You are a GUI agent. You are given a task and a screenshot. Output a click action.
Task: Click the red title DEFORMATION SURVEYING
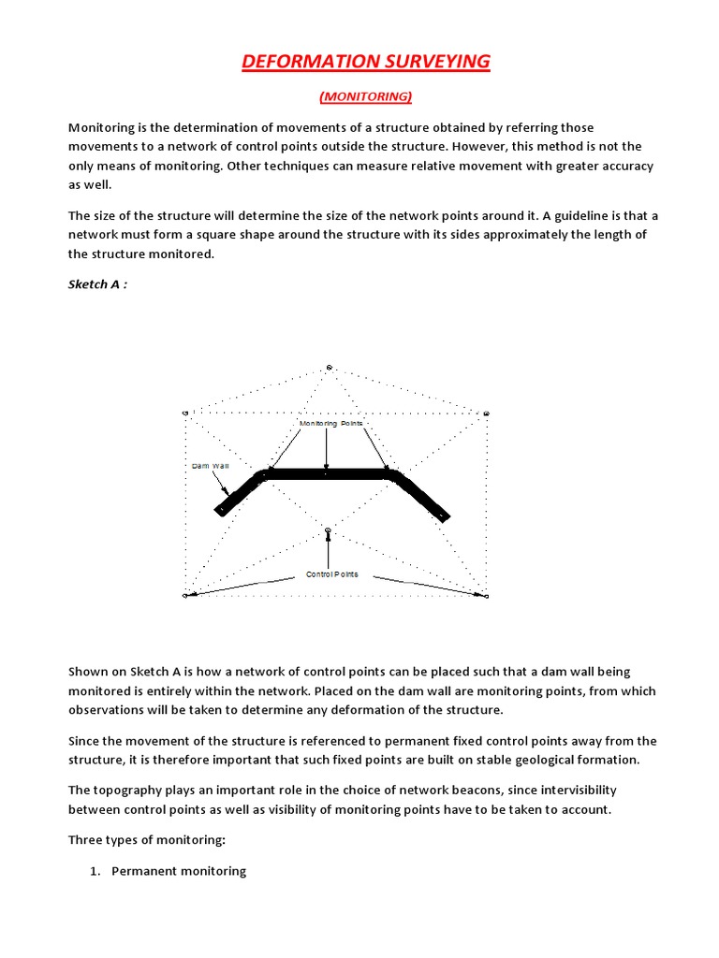pos(366,62)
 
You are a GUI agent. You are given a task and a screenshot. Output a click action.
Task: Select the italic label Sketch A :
pos(97,284)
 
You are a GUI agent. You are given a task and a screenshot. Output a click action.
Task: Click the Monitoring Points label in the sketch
pos(330,424)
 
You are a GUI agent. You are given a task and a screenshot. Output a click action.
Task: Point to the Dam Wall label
pos(211,465)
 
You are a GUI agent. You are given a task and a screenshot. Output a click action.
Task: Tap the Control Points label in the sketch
pos(331,574)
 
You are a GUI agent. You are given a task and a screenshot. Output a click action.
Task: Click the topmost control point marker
pos(329,368)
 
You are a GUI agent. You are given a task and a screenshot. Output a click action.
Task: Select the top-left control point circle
pos(185,413)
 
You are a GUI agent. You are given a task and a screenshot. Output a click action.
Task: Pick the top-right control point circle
pos(486,414)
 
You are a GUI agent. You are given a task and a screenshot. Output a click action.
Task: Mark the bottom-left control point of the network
pos(185,595)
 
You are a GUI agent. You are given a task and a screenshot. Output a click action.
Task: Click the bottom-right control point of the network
pos(486,595)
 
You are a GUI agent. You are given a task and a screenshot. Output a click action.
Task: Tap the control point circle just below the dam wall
pos(328,530)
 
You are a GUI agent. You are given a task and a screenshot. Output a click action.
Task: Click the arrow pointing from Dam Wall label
pos(222,482)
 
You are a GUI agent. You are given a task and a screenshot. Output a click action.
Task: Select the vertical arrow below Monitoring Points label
pos(327,448)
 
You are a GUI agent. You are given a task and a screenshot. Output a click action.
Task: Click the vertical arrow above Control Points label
pos(328,552)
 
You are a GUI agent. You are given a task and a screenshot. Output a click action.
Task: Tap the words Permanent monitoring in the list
pos(179,871)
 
